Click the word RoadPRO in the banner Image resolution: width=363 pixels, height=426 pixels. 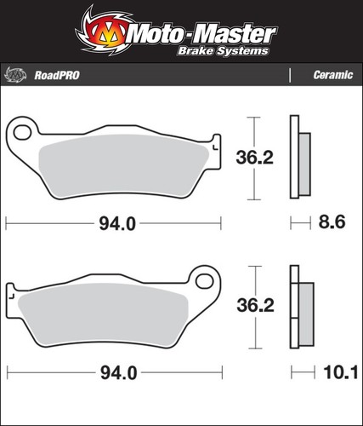pyautogui.click(x=57, y=76)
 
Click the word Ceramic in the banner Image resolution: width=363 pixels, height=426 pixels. pyautogui.click(x=333, y=75)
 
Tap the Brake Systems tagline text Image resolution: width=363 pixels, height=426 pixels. pyautogui.click(x=223, y=51)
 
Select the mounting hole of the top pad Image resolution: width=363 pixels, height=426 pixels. pyautogui.click(x=22, y=132)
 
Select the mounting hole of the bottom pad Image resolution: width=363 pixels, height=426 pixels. pyautogui.click(x=204, y=281)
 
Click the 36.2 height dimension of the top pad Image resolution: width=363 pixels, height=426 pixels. pyautogui.click(x=255, y=158)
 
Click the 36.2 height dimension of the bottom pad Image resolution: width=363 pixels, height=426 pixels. pyautogui.click(x=256, y=306)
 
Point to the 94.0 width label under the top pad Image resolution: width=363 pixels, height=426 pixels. pyautogui.click(x=117, y=224)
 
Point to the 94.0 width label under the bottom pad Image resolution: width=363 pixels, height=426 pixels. pyautogui.click(x=119, y=373)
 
